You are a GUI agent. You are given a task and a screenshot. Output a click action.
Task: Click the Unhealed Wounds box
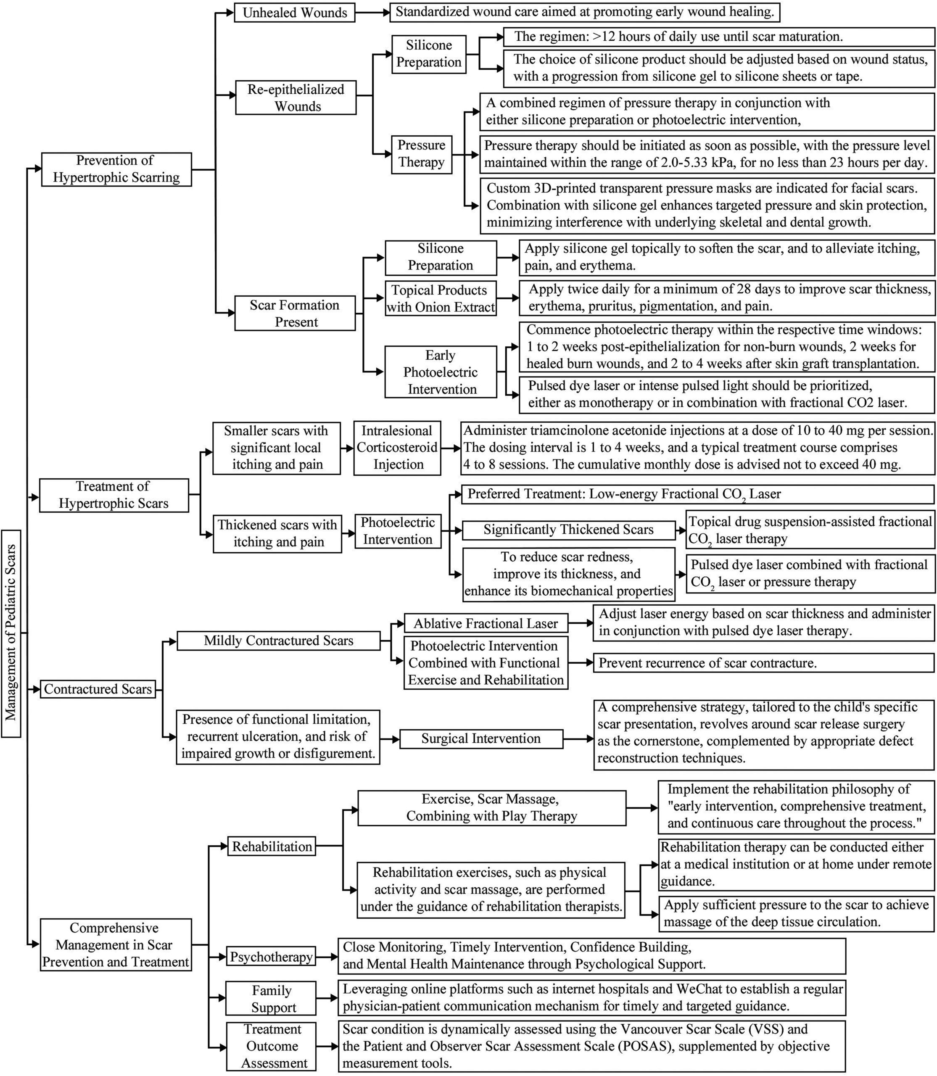pyautogui.click(x=294, y=13)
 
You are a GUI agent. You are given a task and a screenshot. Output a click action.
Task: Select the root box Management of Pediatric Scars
pyautogui.click(x=11, y=633)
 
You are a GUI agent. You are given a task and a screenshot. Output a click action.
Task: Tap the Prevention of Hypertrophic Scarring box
pyautogui.click(x=116, y=169)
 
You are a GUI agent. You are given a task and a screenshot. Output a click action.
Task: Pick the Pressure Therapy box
pyautogui.click(x=422, y=154)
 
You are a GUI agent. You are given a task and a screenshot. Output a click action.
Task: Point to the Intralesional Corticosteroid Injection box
pyautogui.click(x=397, y=448)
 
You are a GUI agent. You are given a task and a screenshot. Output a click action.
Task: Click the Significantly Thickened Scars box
pyautogui.click(x=568, y=530)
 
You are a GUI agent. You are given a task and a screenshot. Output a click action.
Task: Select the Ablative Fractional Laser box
pyautogui.click(x=486, y=623)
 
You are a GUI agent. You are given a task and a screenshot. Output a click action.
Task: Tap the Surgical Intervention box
pyautogui.click(x=481, y=739)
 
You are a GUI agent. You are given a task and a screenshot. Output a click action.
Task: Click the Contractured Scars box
pyautogui.click(x=98, y=689)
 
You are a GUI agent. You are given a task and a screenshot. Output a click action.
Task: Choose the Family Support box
pyautogui.click(x=271, y=999)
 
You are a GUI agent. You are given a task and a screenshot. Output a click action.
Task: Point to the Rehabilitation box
pyautogui.click(x=272, y=847)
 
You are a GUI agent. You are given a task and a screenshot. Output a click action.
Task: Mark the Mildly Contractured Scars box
pyautogui.click(x=278, y=641)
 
